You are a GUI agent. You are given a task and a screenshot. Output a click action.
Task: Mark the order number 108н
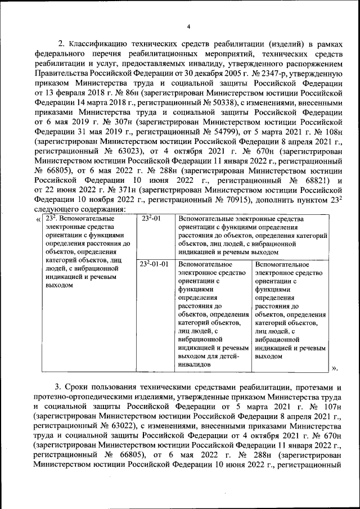tap(328, 131)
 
